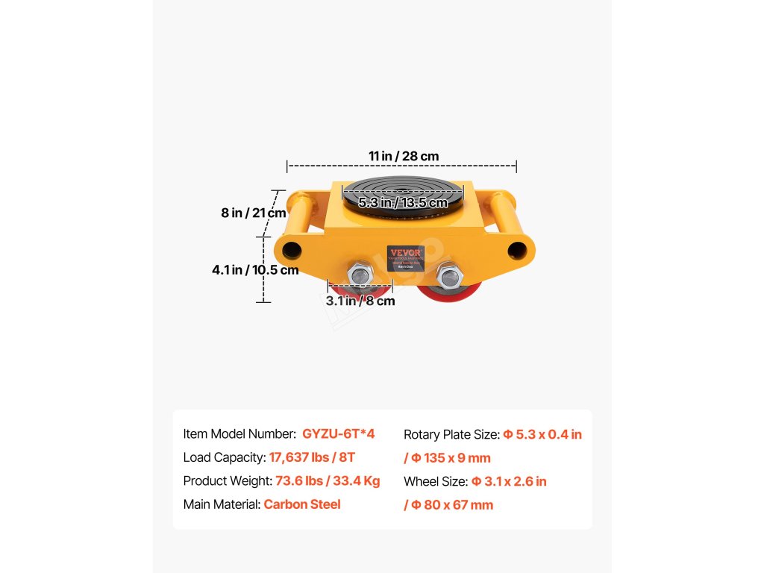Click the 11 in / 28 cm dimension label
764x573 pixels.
pyautogui.click(x=404, y=157)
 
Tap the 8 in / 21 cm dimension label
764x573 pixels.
pyautogui.click(x=254, y=213)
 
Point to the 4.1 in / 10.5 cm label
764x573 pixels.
pyautogui.click(x=255, y=270)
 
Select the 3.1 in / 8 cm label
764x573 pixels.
pyautogui.click(x=360, y=301)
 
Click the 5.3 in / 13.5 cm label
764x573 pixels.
pyautogui.click(x=403, y=203)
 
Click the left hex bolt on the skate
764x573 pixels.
pyautogui.click(x=360, y=275)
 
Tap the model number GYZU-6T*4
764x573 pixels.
pyautogui.click(x=338, y=433)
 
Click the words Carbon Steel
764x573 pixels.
pyautogui.click(x=302, y=504)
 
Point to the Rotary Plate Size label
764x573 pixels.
pyautogui.click(x=451, y=434)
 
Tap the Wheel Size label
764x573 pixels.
pyautogui.click(x=436, y=481)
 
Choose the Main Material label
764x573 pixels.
pyautogui.click(x=222, y=504)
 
